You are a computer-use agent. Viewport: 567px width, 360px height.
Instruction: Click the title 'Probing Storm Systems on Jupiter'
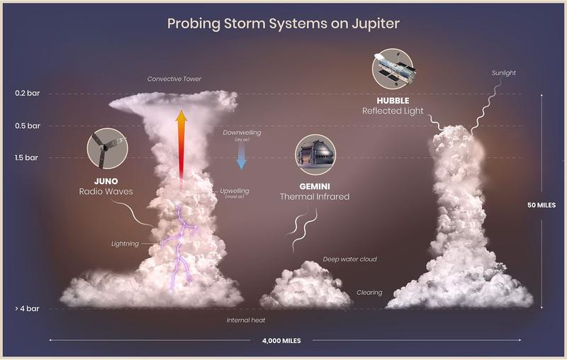(283, 23)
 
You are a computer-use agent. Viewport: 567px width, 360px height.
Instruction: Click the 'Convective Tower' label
(174, 79)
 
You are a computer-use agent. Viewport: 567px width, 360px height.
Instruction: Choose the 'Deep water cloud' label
(349, 259)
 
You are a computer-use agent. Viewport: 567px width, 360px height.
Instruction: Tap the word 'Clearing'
(369, 292)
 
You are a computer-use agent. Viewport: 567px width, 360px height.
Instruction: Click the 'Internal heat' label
(245, 320)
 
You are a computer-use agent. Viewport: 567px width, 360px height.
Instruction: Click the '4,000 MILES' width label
(281, 341)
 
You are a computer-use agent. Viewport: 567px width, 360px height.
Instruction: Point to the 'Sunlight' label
(503, 73)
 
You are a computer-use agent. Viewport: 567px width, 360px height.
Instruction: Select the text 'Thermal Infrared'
(315, 196)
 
